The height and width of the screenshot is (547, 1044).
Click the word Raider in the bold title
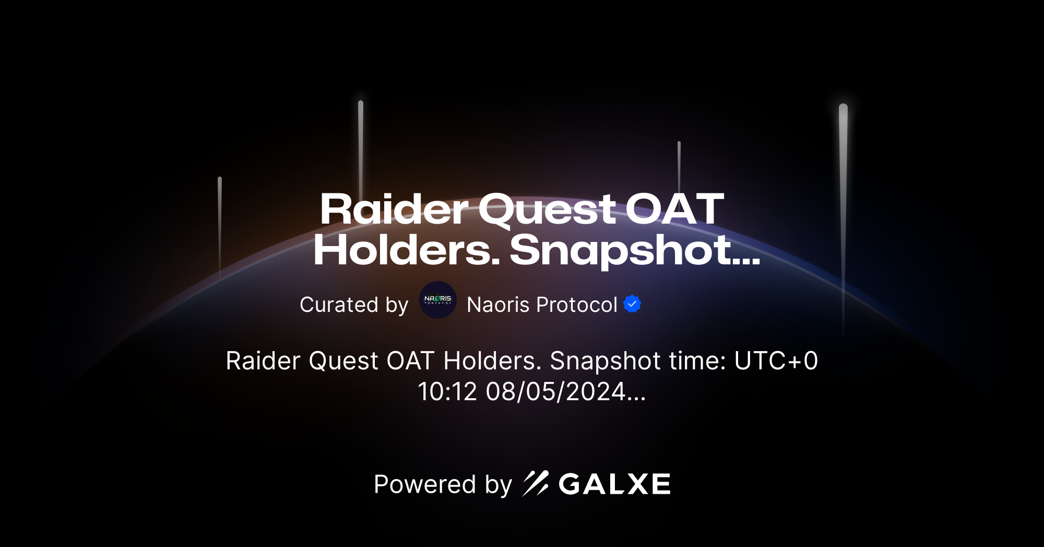coord(394,210)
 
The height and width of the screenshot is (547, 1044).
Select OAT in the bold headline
coord(674,210)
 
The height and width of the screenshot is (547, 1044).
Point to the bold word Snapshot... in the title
coord(634,251)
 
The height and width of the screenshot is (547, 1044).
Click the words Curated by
coord(353,305)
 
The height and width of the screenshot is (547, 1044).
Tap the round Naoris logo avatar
coord(438,300)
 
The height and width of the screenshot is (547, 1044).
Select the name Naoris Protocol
coord(542,305)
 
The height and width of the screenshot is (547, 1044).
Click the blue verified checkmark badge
coord(632,304)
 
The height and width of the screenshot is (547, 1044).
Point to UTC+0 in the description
coord(776,360)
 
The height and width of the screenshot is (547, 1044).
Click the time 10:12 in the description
coord(447,391)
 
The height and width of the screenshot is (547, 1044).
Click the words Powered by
coord(443,484)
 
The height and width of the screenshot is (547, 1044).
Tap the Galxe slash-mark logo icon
coord(536,483)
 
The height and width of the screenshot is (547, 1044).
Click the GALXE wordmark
coord(614,484)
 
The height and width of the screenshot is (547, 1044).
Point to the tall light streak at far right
coord(843,209)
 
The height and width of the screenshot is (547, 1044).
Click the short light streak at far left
coord(220,225)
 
